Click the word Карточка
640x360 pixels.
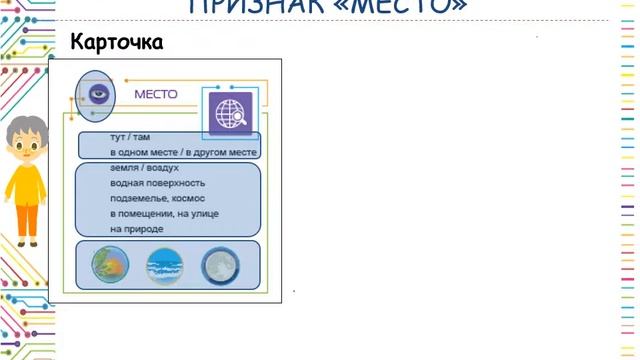coord(116,43)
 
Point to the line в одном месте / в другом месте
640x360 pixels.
coord(183,152)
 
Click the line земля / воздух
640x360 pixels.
coord(138,168)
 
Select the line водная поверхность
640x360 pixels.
coord(157,183)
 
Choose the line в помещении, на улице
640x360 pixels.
coord(164,213)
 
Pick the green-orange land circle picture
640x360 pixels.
coord(109,265)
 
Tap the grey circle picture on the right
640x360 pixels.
coord(220,266)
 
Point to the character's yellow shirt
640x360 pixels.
coord(25,185)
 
